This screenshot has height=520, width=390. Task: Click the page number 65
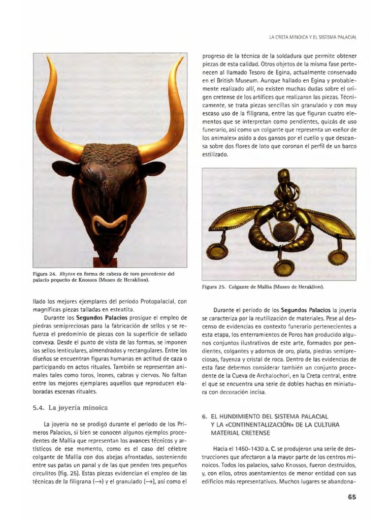click(352, 497)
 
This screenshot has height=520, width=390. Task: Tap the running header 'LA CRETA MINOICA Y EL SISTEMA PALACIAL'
click(312, 37)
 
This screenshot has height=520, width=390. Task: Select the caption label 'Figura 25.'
click(213, 286)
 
